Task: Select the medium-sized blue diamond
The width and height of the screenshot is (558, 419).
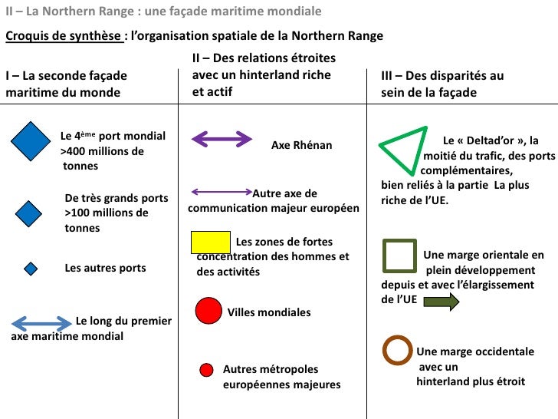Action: (29, 213)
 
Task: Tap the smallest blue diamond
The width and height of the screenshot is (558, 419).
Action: (31, 269)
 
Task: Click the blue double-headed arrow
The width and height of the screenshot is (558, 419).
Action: (41, 322)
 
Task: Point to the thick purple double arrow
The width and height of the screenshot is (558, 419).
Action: (221, 139)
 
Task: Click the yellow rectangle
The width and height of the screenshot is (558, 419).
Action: (209, 242)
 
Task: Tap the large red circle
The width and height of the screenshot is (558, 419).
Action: (208, 311)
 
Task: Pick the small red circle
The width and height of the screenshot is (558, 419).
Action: (205, 371)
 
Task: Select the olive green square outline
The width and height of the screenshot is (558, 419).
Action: (399, 256)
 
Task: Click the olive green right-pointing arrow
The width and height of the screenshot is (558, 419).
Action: (441, 301)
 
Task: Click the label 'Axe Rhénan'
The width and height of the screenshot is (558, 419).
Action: (302, 145)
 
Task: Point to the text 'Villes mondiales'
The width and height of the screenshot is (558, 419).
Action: (269, 312)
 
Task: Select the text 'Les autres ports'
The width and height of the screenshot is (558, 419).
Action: (105, 269)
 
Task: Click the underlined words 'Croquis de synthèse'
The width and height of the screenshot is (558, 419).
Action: (63, 36)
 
